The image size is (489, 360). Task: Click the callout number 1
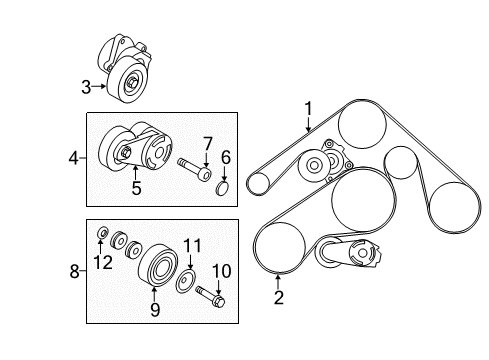click(309, 109)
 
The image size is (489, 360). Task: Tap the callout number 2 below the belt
click(279, 298)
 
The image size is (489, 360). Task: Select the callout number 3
click(86, 87)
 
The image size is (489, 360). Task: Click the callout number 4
click(73, 158)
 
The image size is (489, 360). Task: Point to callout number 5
click(136, 188)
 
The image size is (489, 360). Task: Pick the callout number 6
click(226, 157)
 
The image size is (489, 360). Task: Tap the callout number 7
click(208, 144)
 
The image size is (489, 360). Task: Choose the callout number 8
click(74, 271)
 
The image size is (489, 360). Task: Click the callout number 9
click(155, 310)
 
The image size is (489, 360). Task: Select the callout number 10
click(222, 271)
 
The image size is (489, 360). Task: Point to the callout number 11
click(193, 246)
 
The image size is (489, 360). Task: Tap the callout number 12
click(103, 262)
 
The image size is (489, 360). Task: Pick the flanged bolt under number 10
click(211, 296)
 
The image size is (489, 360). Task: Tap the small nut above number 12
click(102, 233)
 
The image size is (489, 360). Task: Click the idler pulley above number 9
click(158, 266)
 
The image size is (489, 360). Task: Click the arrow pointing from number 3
click(99, 87)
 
